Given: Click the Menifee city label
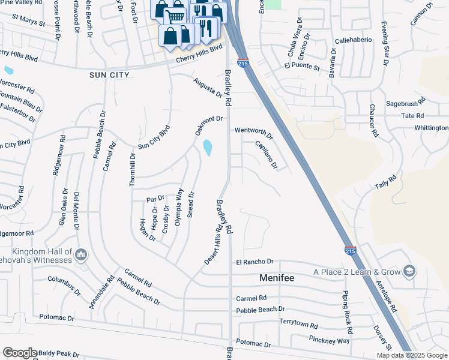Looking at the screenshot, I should [x=280, y=278].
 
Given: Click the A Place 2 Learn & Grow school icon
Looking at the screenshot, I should [x=409, y=271].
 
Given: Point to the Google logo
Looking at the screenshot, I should [x=20, y=353].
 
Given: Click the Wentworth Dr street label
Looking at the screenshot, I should [x=253, y=131].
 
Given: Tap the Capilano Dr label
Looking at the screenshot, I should [x=266, y=154].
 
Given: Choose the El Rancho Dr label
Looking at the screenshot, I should [x=255, y=262].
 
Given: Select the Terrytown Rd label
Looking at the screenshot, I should [x=298, y=323].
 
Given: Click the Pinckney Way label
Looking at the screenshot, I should [x=330, y=340].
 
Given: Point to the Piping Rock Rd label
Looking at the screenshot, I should [x=346, y=310].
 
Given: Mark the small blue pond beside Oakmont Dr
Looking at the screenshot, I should [x=208, y=148].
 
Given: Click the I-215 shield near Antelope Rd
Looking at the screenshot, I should [x=351, y=250].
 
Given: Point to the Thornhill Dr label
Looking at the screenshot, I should [x=133, y=170].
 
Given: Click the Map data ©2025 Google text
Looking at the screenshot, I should [x=411, y=355].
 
